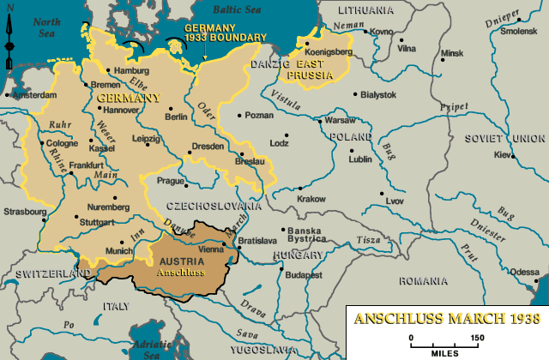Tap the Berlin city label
pos(176,117)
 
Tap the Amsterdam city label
pos(32,95)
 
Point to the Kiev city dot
pos(513,155)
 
